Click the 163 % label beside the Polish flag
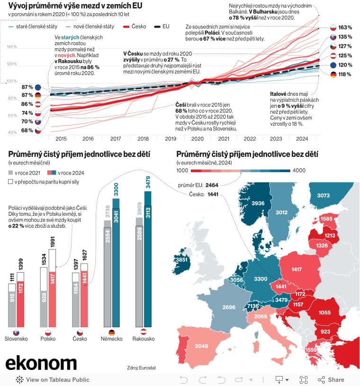(x=345, y=28)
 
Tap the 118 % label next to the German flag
(x=345, y=74)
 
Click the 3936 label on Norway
(x=258, y=203)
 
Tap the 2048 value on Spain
(x=201, y=346)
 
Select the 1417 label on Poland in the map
(x=297, y=270)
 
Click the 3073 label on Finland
(x=323, y=195)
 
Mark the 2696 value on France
(x=228, y=307)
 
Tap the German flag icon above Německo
(x=112, y=332)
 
